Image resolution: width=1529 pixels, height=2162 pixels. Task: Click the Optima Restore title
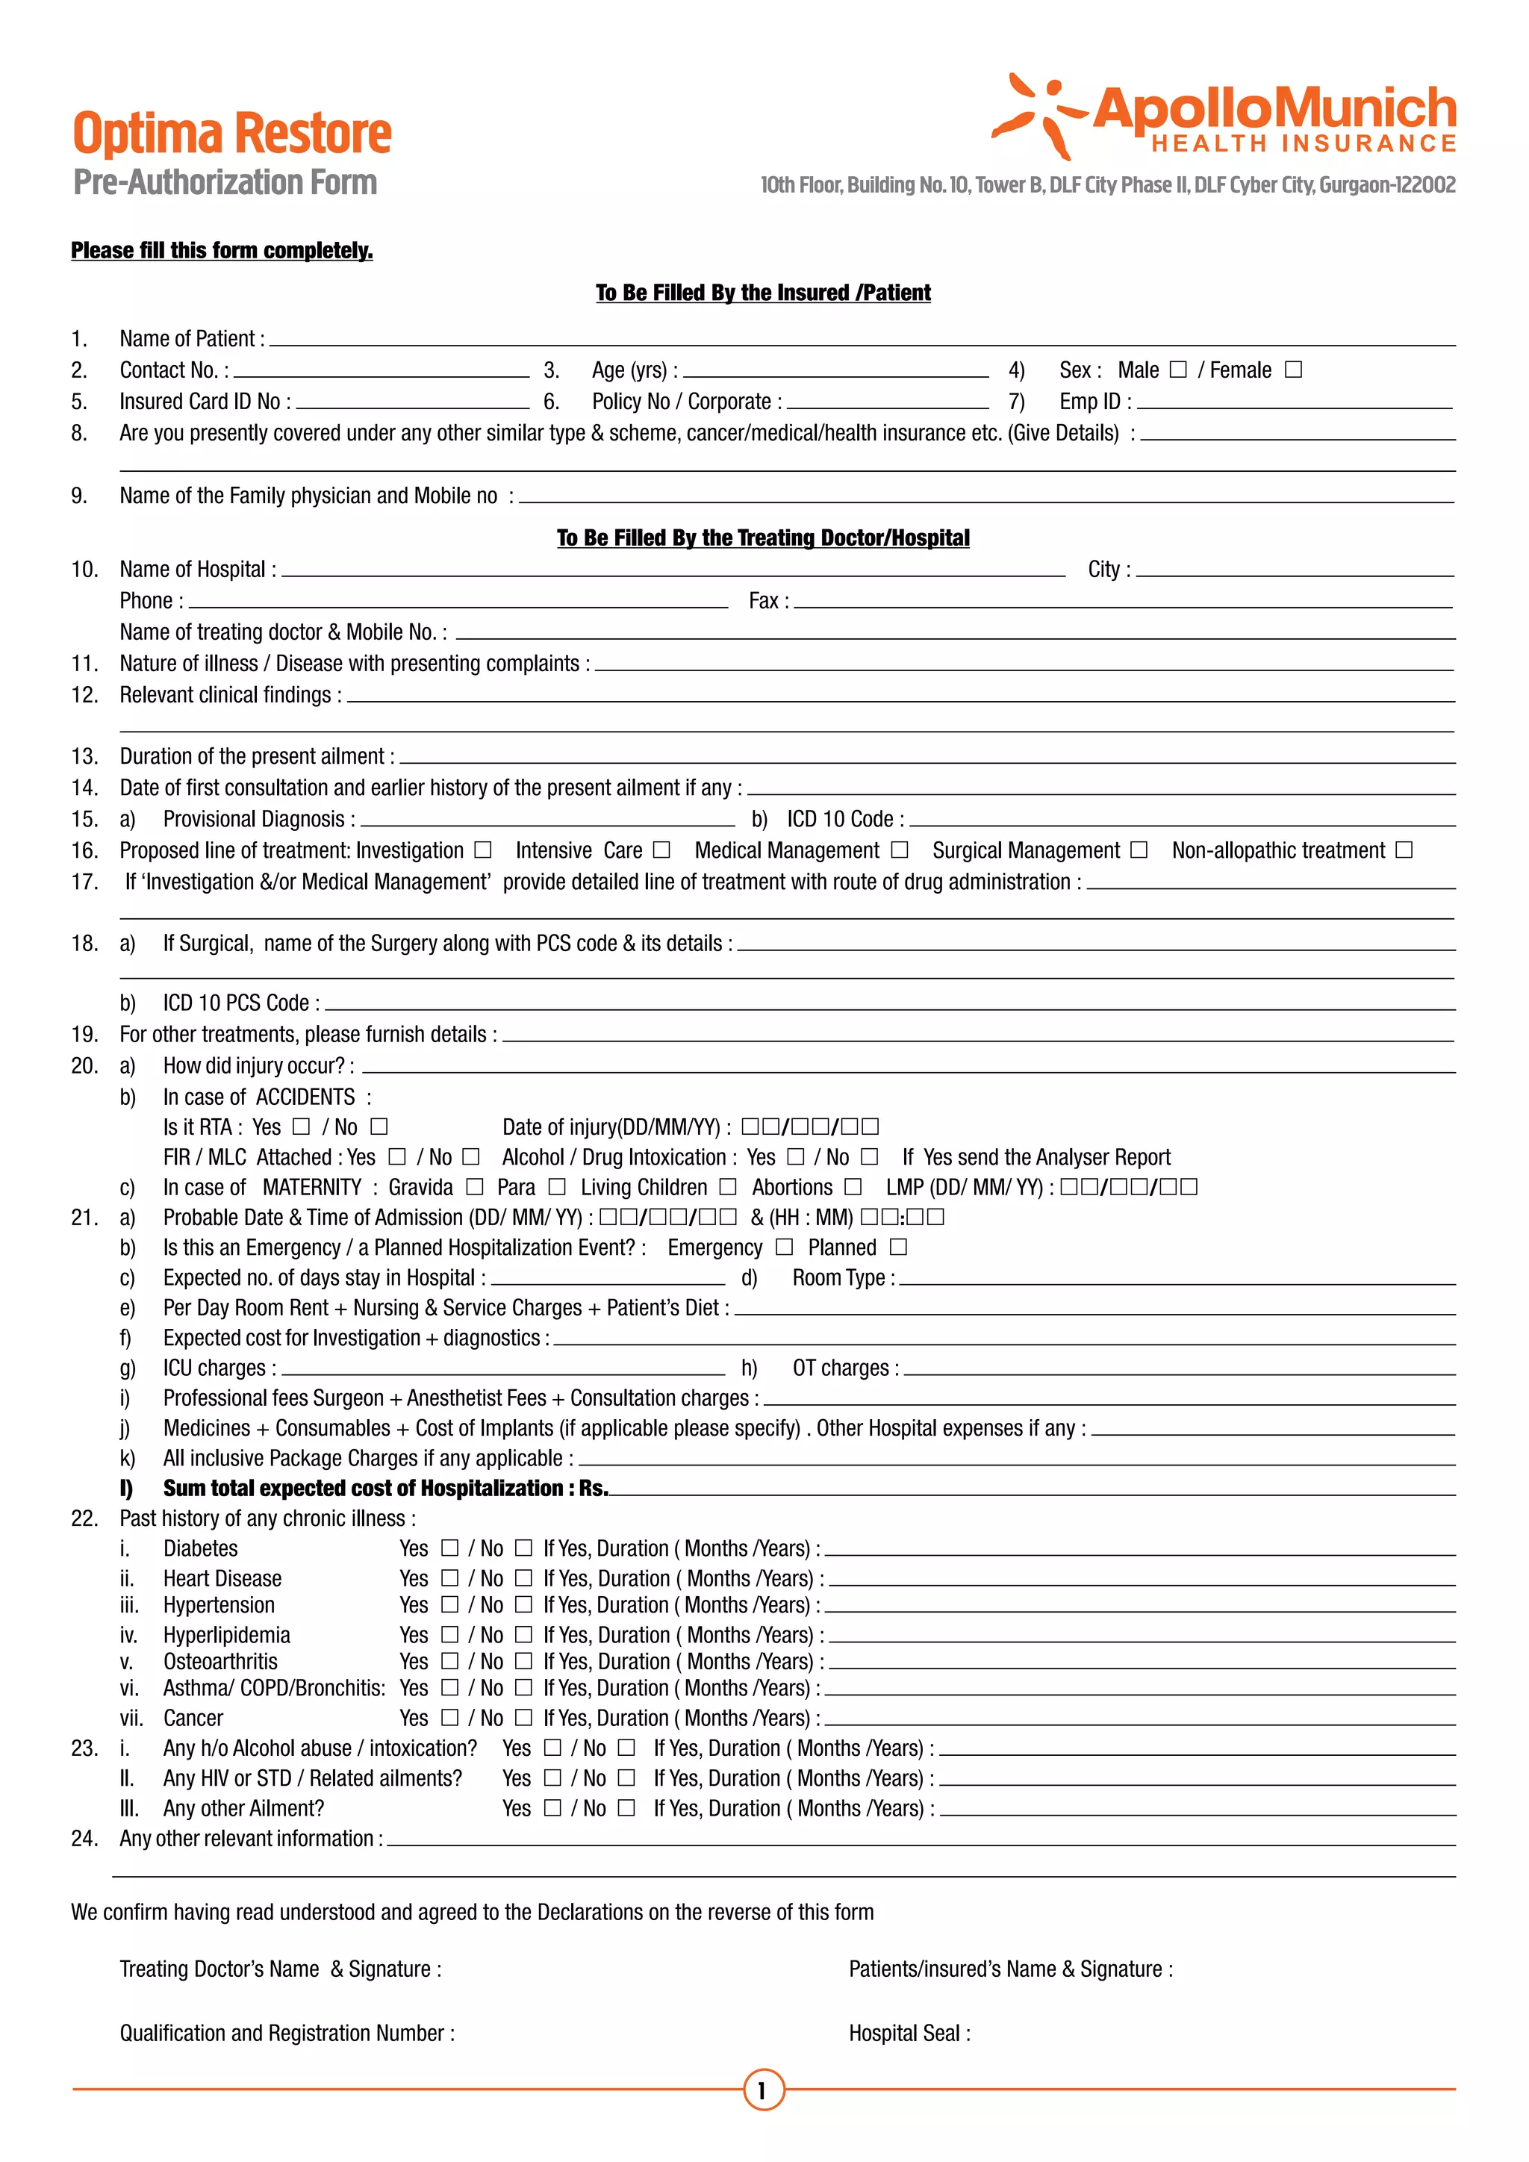click(231, 134)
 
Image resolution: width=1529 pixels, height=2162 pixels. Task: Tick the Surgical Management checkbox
click(1139, 850)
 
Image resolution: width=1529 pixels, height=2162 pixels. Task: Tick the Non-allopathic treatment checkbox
click(1404, 850)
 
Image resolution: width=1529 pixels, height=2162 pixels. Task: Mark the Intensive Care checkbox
click(662, 850)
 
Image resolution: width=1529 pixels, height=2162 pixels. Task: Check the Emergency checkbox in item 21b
click(784, 1247)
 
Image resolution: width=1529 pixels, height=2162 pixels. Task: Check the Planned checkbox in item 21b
click(898, 1247)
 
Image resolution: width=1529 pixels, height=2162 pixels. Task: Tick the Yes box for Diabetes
click(450, 1548)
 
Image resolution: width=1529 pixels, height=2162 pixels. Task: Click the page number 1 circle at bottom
click(764, 2090)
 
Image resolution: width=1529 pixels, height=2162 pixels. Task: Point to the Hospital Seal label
click(909, 2033)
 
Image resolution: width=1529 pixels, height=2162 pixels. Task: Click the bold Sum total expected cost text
click(385, 1489)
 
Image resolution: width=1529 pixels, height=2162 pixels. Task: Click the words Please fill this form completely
click(222, 251)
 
